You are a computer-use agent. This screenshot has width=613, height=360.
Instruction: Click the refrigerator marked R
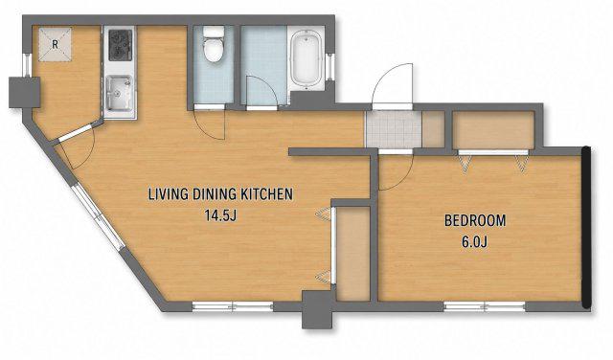(x=56, y=44)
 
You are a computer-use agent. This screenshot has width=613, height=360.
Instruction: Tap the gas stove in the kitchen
(x=121, y=45)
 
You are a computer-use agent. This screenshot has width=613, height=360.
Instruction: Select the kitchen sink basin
(x=119, y=94)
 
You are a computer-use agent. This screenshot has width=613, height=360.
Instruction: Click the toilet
(x=214, y=44)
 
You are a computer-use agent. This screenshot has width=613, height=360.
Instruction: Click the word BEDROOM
(x=475, y=220)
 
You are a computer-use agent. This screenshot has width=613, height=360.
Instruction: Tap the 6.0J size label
(x=475, y=242)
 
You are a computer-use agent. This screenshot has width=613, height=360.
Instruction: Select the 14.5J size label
(x=220, y=215)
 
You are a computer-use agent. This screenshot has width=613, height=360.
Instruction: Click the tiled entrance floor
(x=394, y=129)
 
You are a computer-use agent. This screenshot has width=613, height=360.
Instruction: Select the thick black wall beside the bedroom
(x=586, y=228)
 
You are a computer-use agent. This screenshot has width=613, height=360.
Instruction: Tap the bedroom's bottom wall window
(x=485, y=306)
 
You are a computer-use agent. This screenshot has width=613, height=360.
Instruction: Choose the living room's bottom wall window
(x=233, y=306)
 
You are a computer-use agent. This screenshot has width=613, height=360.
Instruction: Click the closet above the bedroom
(x=494, y=130)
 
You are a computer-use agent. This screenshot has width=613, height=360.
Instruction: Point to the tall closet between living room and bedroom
(x=353, y=254)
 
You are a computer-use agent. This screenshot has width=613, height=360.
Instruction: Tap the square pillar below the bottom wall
(x=317, y=309)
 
